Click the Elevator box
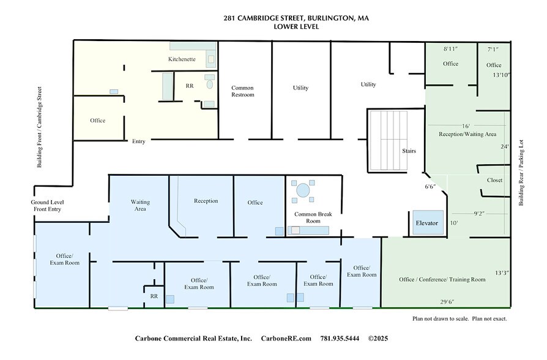tap(426, 223)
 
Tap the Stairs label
tap(409, 150)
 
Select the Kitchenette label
tap(182, 59)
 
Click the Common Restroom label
tap(242, 91)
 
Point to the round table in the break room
tap(303, 190)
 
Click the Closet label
tap(494, 180)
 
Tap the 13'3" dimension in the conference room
tap(502, 273)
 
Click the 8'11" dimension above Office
tap(451, 48)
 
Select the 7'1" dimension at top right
tap(494, 48)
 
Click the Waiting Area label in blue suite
tap(140, 205)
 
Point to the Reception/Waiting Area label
tap(467, 133)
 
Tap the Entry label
tap(139, 141)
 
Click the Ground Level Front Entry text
tap(48, 206)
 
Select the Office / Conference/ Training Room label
tap(442, 279)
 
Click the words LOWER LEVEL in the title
tap(296, 27)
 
